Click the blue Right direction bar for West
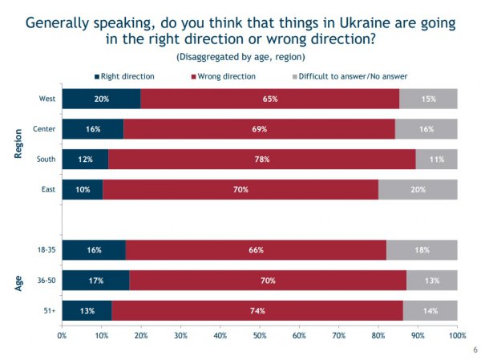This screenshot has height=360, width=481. pyautogui.click(x=101, y=99)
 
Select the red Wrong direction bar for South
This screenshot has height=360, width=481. pyautogui.click(x=261, y=160)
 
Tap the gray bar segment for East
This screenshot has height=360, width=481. pyautogui.click(x=418, y=190)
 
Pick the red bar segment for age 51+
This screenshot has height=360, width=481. pyautogui.click(x=257, y=311)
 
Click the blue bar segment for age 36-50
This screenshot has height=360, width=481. pyautogui.click(x=95, y=281)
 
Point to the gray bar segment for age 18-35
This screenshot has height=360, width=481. pyautogui.click(x=422, y=250)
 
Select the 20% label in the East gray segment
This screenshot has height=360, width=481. pyautogui.click(x=418, y=190)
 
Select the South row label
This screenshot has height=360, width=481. pyautogui.click(x=46, y=160)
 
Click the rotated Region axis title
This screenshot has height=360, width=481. pyautogui.click(x=18, y=144)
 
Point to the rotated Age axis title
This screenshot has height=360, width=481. pyautogui.click(x=18, y=281)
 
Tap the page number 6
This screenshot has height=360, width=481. pyautogui.click(x=475, y=350)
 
